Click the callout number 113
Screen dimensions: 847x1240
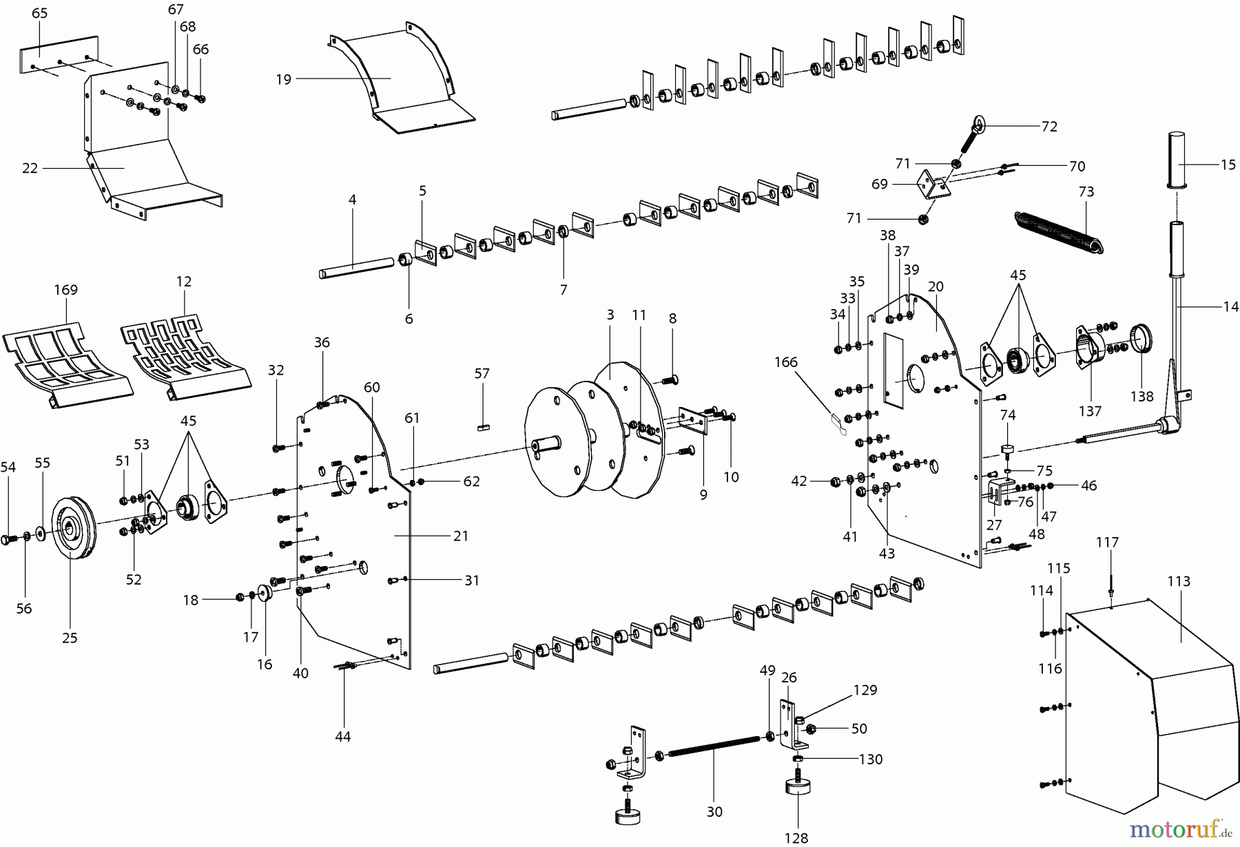pos(1178,581)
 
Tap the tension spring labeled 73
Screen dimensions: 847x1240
pos(1060,232)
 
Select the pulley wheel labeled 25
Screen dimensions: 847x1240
pos(71,527)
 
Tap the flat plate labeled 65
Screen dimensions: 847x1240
pos(59,53)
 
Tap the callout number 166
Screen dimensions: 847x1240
pos(785,362)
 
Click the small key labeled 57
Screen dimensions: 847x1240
pos(482,427)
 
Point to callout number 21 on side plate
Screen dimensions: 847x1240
pos(461,536)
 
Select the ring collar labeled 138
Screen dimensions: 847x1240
pos(1142,339)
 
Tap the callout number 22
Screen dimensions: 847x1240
pos(30,168)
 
